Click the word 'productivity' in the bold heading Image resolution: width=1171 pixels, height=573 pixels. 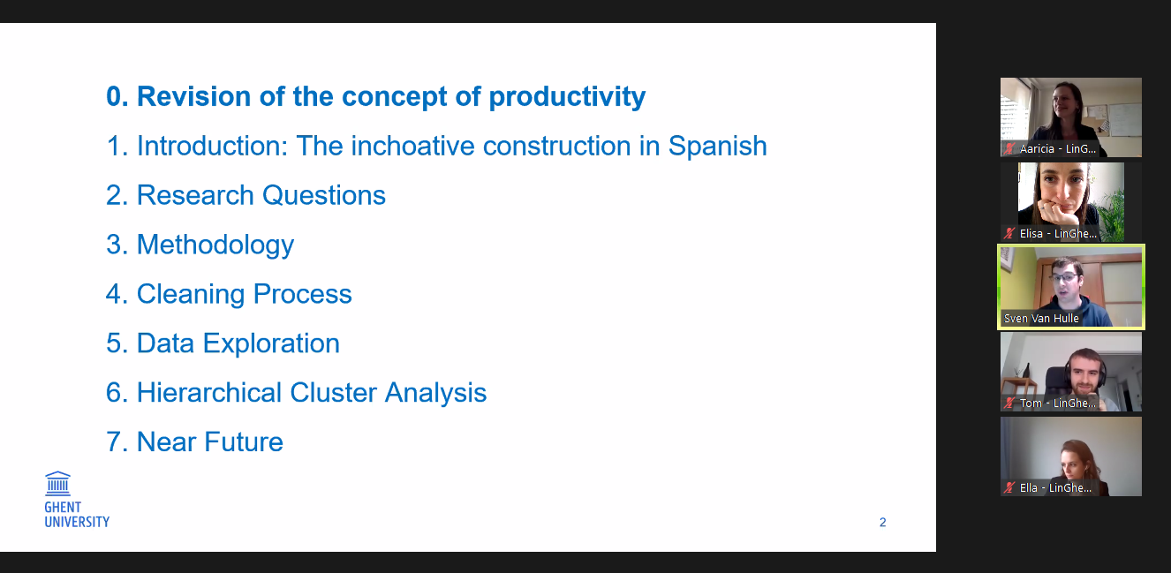point(567,97)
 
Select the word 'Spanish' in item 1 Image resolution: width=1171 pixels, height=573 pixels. point(717,147)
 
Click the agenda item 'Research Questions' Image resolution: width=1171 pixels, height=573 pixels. point(246,195)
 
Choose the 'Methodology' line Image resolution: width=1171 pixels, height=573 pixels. point(200,245)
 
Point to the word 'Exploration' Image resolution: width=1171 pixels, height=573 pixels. point(271,343)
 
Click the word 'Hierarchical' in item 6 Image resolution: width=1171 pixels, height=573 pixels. point(209,393)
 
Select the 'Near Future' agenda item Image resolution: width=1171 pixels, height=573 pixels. point(194,441)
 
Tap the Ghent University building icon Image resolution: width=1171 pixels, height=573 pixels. point(58,484)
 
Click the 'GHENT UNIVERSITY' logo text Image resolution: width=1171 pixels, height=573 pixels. point(77,515)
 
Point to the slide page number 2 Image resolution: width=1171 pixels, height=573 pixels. point(883,523)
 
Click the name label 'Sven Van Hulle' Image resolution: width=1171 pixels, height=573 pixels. point(1041,319)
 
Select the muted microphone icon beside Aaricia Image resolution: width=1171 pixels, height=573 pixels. point(1009,149)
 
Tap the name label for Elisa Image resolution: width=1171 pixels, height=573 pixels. point(1058,234)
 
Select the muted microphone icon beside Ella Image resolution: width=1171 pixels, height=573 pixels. point(1009,487)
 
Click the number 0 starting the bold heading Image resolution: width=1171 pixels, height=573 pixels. point(113,97)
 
